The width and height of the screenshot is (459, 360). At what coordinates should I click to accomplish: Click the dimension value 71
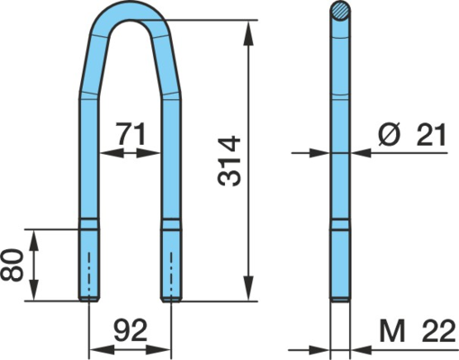point(131,133)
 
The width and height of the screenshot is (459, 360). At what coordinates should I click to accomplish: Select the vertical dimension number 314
point(229,161)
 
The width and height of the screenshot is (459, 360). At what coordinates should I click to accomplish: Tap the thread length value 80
point(12,265)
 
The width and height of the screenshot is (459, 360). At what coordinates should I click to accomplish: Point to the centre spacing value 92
point(130,330)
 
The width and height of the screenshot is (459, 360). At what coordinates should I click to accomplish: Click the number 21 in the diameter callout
point(431,135)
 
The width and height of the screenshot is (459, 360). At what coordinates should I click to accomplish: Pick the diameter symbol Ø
point(390,134)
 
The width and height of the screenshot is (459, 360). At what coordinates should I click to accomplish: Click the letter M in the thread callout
point(392,330)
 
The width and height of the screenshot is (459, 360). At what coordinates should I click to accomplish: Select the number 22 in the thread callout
point(438,330)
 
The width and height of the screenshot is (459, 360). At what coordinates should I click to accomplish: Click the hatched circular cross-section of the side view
point(340,12)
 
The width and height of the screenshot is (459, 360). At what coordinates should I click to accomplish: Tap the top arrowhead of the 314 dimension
point(248,33)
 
